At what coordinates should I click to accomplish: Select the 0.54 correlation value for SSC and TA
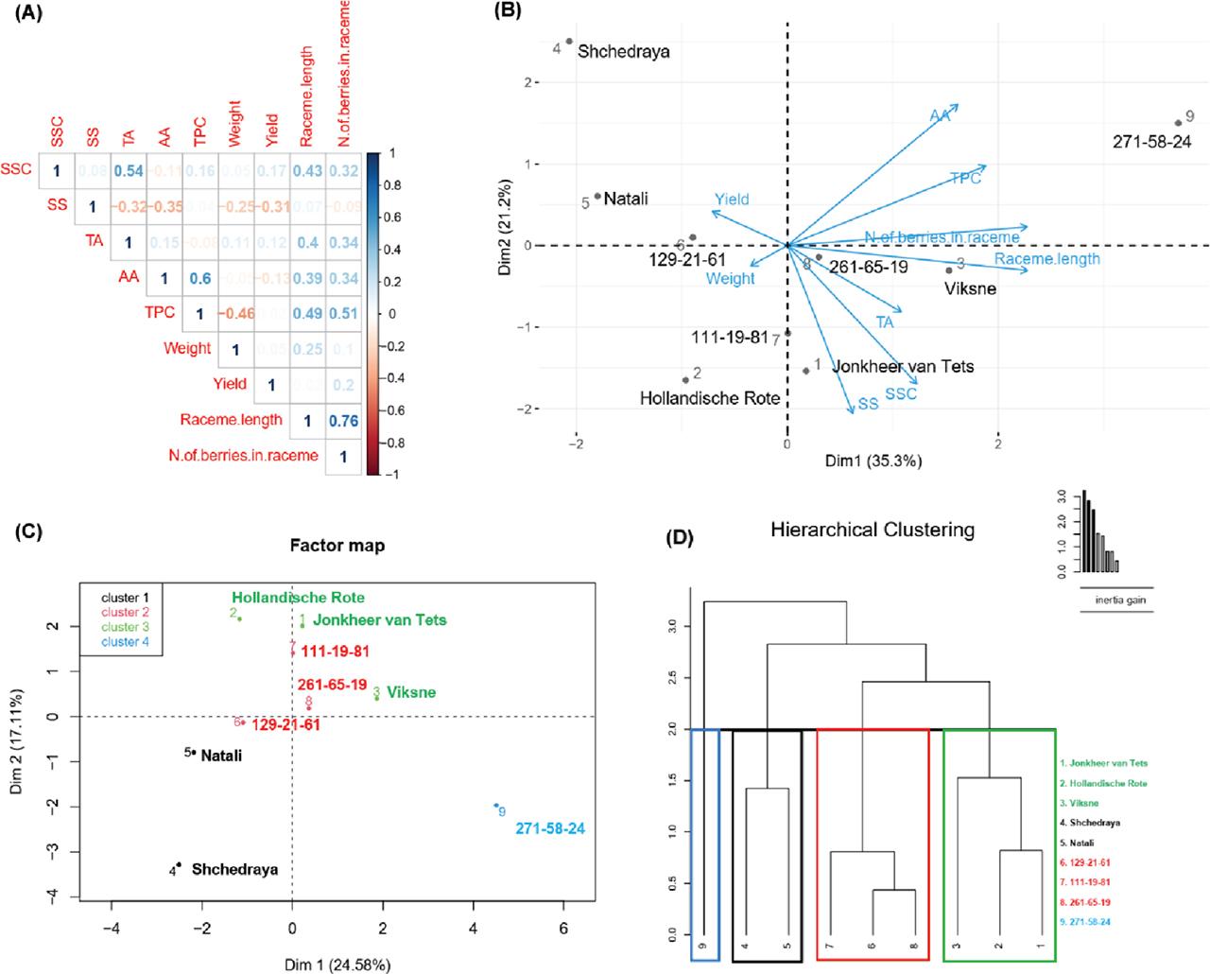(x=128, y=171)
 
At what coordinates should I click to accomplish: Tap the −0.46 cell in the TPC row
(x=235, y=313)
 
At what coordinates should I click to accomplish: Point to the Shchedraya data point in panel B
(x=569, y=42)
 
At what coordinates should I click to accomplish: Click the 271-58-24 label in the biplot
(x=1150, y=143)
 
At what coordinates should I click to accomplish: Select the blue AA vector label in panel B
(x=939, y=115)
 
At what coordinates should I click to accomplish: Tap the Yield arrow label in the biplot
(x=731, y=200)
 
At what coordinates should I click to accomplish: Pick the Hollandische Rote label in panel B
(x=710, y=398)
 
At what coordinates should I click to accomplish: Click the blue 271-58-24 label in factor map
(x=550, y=828)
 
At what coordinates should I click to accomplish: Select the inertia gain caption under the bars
(x=1115, y=599)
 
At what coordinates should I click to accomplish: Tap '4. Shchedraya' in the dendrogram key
(x=1090, y=823)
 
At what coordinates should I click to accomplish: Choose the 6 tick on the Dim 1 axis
(x=563, y=927)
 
